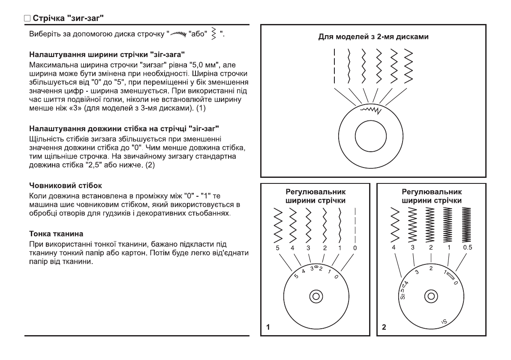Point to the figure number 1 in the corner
268,327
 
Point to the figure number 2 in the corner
384,327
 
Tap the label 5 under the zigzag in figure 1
279,248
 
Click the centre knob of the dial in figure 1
316,296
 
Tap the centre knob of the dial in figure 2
431,296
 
